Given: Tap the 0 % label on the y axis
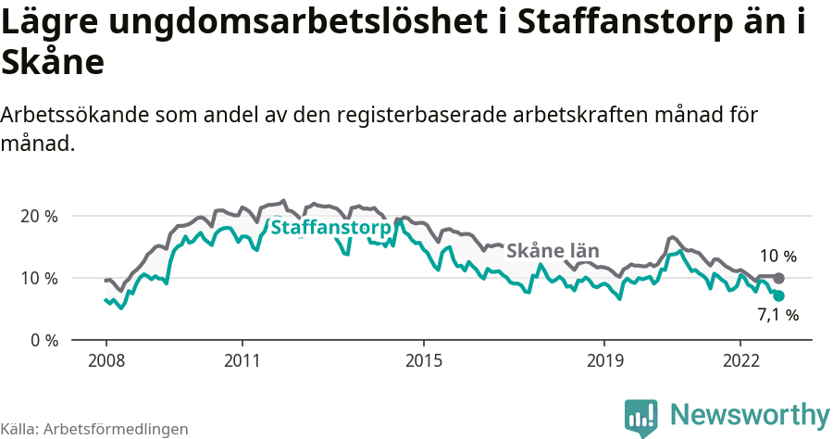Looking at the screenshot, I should [44, 340].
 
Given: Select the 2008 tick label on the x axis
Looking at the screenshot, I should [106, 359].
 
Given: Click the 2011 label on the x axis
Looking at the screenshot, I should [242, 359].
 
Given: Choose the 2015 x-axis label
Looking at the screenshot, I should [423, 359].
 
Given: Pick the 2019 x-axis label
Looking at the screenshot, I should [604, 359].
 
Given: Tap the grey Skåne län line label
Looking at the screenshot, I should [553, 251].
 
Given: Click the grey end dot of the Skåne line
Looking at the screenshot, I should [778, 278].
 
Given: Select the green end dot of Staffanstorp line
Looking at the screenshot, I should [778, 295].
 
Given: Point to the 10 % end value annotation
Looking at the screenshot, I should [777, 257].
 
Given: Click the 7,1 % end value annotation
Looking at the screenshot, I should [777, 316].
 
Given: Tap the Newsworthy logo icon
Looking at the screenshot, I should [641, 416].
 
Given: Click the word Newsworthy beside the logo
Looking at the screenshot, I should [750, 414].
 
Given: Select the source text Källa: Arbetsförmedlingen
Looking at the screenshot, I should [94, 429].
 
